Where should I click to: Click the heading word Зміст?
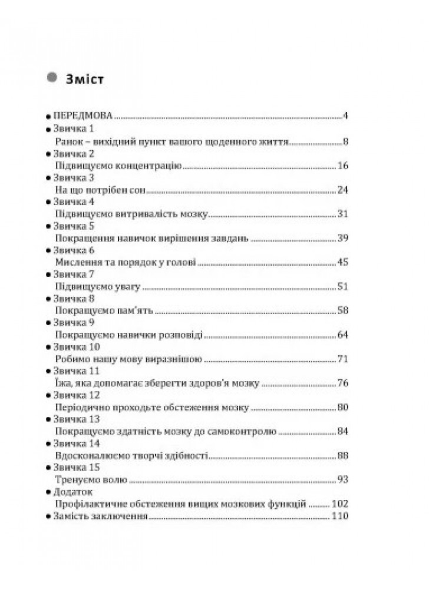click(x=86, y=79)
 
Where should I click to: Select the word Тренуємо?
click(x=75, y=480)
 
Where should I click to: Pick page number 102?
click(x=341, y=504)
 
